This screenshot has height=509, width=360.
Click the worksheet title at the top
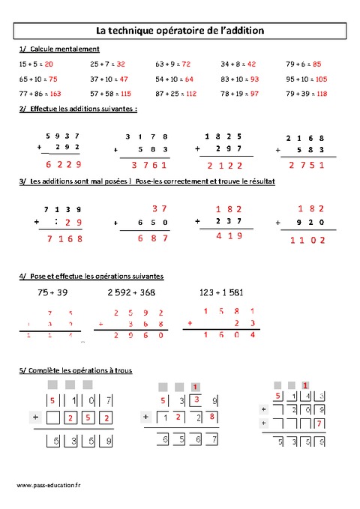[x=180, y=31]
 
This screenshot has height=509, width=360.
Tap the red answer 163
[x=55, y=94]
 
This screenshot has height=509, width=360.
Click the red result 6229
[x=62, y=166]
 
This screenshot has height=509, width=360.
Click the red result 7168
[x=64, y=239]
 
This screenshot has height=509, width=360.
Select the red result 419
[x=229, y=236]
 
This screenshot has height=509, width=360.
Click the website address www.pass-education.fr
[x=49, y=486]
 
